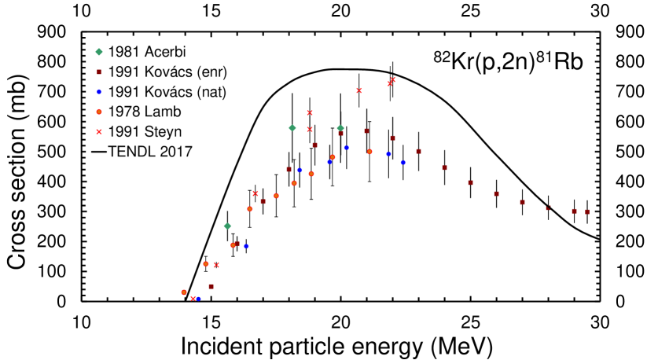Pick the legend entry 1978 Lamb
point(127,111)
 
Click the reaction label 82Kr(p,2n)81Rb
point(509,63)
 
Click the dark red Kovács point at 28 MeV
point(549,208)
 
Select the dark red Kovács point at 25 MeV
point(470,182)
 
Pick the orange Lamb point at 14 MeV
point(184,292)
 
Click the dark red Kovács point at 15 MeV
point(211,287)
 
